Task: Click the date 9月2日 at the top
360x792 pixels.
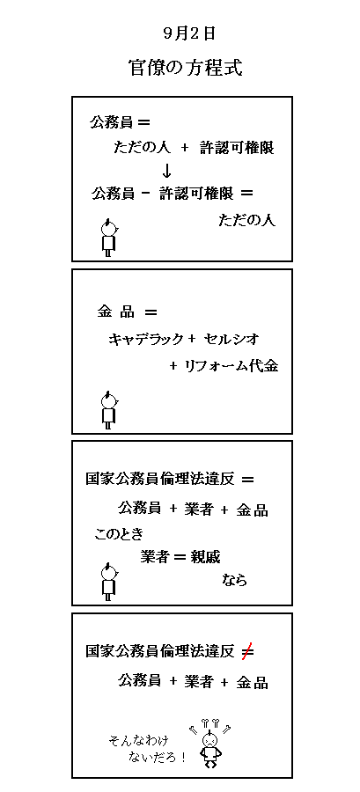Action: (x=189, y=33)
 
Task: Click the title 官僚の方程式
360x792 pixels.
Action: (x=186, y=68)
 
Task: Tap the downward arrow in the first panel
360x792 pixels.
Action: (x=167, y=172)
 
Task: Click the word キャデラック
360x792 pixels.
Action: (x=145, y=340)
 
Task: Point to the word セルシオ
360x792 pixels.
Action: (x=231, y=340)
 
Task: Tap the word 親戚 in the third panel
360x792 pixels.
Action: (x=205, y=557)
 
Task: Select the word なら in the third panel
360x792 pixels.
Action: (x=235, y=580)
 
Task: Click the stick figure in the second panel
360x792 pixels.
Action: (x=108, y=409)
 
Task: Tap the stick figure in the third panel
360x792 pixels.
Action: (x=108, y=582)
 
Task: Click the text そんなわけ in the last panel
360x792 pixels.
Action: (x=138, y=740)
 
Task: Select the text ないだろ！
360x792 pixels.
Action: (x=158, y=757)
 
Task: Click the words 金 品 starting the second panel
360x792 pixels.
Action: (x=116, y=312)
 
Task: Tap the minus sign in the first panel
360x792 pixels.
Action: (x=146, y=194)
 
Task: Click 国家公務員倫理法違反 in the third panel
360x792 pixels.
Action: (x=161, y=480)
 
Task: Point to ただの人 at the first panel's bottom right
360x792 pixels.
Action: (x=247, y=221)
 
